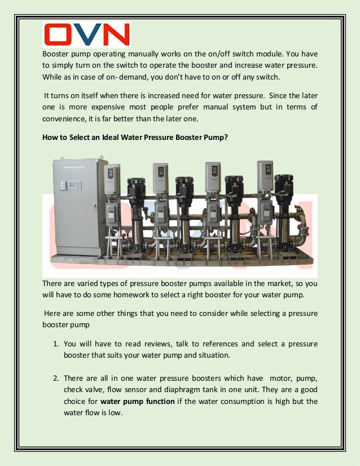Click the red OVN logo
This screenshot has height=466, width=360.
87,34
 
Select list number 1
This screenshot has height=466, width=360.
56,344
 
